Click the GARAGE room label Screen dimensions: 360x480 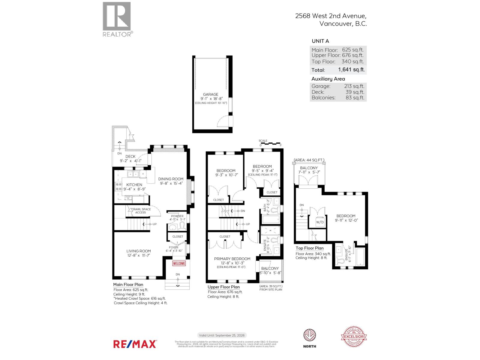point(211,94)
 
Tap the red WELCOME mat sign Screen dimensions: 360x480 point(179,263)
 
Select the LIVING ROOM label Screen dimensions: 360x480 point(138,251)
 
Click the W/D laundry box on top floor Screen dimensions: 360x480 point(320,222)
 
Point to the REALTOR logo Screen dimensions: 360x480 point(117,19)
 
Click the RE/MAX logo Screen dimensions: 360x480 point(135,344)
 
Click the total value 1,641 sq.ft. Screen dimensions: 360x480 point(351,70)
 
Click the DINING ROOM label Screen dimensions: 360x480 point(171,179)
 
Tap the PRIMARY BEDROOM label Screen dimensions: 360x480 point(232,259)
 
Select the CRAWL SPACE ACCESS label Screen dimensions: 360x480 point(140,211)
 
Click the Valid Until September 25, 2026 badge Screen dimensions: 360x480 point(222,335)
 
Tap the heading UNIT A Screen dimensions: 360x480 point(320,41)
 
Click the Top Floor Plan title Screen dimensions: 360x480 point(309,248)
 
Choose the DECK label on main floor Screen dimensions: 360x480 point(130,156)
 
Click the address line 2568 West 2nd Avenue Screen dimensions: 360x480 point(331,16)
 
